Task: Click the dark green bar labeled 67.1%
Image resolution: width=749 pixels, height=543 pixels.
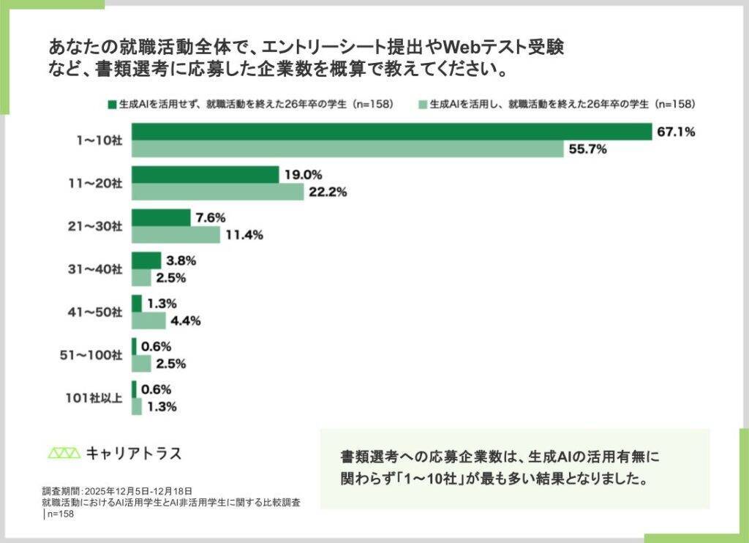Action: click(392, 132)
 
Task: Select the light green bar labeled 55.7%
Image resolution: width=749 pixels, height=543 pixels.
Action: click(347, 149)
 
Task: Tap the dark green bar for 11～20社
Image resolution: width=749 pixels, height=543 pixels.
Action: click(206, 174)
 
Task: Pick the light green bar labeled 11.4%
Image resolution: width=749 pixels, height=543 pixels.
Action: click(176, 235)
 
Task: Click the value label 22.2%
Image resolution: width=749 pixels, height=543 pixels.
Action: click(328, 192)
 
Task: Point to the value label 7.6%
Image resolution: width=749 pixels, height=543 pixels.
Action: click(211, 218)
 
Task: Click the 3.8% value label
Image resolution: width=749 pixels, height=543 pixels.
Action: click(181, 261)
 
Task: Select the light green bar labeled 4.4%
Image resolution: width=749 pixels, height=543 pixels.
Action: click(148, 321)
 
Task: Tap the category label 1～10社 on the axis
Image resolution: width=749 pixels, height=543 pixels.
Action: click(99, 140)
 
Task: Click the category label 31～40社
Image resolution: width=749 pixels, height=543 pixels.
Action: click(95, 269)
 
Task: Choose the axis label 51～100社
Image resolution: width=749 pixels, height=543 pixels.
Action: click(91, 355)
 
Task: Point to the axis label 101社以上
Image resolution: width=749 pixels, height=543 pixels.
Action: click(94, 397)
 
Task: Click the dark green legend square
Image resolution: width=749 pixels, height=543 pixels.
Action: click(112, 105)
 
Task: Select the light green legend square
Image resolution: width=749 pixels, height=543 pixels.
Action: click(423, 105)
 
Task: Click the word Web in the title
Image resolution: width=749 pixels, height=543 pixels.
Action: click(462, 48)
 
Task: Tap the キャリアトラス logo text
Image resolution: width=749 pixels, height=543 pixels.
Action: click(135, 453)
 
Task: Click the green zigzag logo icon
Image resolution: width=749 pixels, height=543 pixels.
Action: click(64, 453)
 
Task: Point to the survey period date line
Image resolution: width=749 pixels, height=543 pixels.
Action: click(117, 491)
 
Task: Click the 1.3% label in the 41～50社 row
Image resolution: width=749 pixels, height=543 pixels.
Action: click(162, 304)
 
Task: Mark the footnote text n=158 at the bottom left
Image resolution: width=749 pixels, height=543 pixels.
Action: click(61, 514)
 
